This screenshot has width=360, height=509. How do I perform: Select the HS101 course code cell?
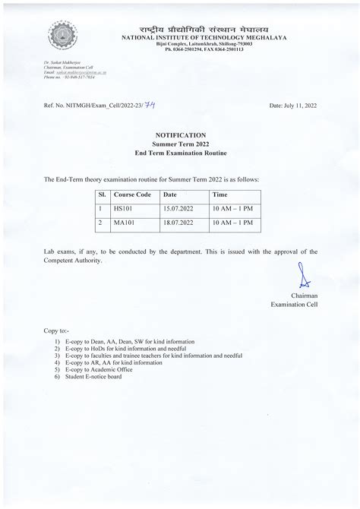[x=122, y=207]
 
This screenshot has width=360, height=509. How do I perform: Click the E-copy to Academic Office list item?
[x=96, y=369]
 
